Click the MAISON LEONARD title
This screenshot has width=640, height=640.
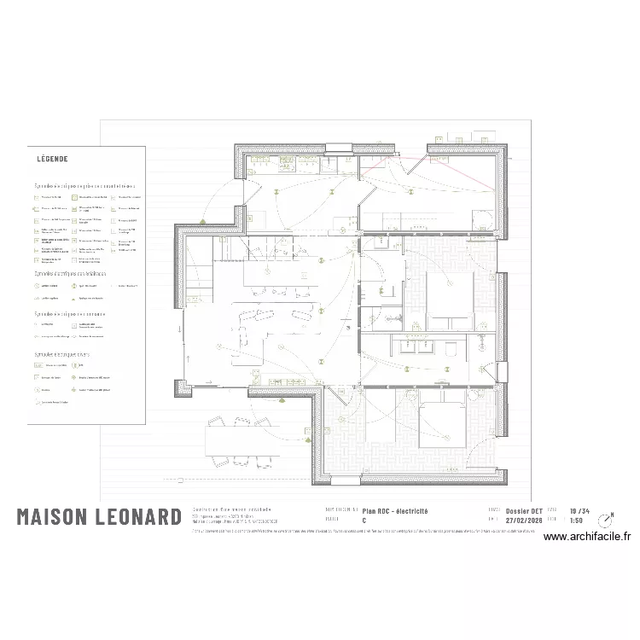(x=99, y=517)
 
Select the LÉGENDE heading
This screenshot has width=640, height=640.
(x=52, y=159)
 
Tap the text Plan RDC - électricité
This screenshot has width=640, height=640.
(x=395, y=511)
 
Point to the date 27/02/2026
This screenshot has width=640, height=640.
(x=524, y=520)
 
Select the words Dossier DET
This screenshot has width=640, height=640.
(x=524, y=510)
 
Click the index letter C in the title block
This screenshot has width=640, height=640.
(x=364, y=520)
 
